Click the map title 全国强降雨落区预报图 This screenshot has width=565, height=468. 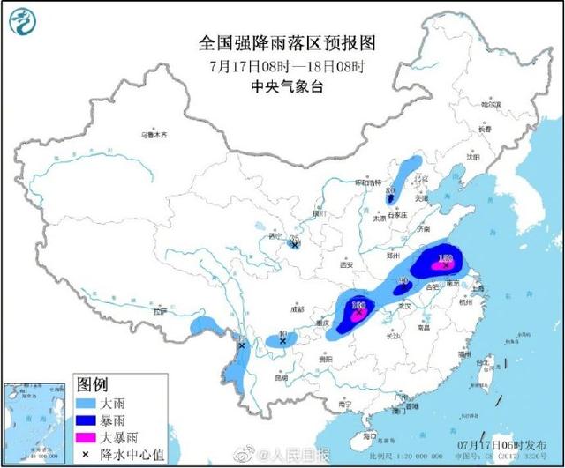282,42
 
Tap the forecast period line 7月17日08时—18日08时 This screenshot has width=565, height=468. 282,65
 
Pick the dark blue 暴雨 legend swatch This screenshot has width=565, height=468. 88,418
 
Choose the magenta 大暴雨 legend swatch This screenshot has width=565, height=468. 88,435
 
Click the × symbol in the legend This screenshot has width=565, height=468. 88,451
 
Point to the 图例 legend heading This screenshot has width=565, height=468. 93,384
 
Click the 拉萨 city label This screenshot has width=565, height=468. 159,311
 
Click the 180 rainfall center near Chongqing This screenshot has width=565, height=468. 359,307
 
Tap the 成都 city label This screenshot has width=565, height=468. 295,309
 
